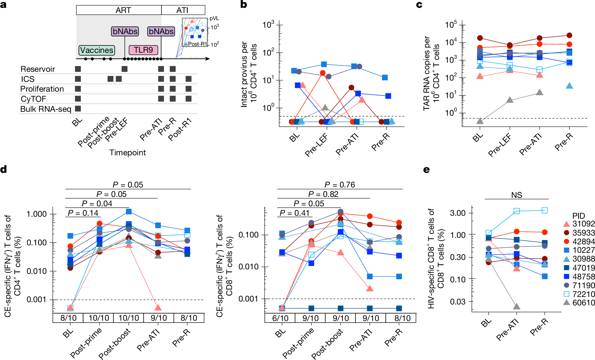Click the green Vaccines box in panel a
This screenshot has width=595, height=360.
click(x=97, y=50)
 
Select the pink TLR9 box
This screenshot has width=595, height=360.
click(x=143, y=50)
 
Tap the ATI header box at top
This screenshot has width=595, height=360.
click(x=183, y=10)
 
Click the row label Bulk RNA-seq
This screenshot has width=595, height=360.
click(x=45, y=109)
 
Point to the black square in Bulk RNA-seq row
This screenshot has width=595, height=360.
click(x=78, y=109)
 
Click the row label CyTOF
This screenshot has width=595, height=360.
click(x=33, y=99)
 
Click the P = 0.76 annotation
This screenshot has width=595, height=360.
click(x=339, y=185)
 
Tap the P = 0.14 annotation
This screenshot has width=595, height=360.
click(x=83, y=213)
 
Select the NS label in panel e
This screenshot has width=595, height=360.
click(x=516, y=195)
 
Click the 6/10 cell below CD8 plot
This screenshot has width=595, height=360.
click(x=280, y=318)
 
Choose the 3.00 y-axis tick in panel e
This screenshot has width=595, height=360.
click(x=458, y=213)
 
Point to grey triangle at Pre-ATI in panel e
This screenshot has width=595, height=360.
click(x=516, y=306)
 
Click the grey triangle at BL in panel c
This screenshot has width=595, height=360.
click(x=480, y=121)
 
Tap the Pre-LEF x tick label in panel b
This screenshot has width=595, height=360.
click(x=317, y=145)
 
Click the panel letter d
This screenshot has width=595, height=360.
click(x=4, y=169)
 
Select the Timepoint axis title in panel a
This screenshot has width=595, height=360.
click(x=127, y=152)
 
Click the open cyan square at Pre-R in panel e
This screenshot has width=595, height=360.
click(x=545, y=210)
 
